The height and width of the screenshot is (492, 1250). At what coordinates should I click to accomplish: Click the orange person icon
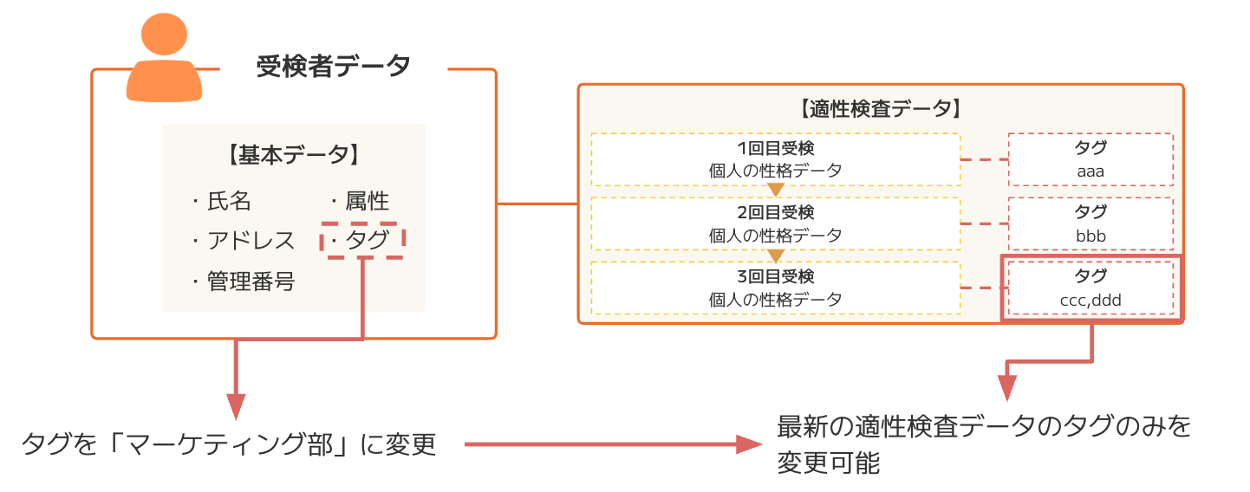[164, 60]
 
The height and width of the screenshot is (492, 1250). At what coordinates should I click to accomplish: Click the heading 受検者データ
[334, 66]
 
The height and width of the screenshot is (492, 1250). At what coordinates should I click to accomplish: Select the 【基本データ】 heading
[293, 155]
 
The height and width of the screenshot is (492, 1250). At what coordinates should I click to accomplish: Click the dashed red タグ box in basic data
[363, 240]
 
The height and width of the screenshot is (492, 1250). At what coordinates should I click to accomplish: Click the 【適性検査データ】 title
[879, 109]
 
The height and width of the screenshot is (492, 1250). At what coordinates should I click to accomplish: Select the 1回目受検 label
[775, 148]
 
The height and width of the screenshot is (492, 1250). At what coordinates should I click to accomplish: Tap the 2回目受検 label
[775, 212]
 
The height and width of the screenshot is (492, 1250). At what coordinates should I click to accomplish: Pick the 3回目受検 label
[775, 277]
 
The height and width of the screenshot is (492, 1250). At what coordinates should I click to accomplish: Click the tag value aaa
[1090, 171]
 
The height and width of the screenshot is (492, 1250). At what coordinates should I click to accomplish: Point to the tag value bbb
[1090, 236]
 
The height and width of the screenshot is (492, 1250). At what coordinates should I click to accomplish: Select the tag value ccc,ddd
[1090, 301]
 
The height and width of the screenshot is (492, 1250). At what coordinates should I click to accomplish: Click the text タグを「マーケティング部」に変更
[229, 445]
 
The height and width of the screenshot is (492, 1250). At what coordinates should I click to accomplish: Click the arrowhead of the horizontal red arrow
[751, 445]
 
